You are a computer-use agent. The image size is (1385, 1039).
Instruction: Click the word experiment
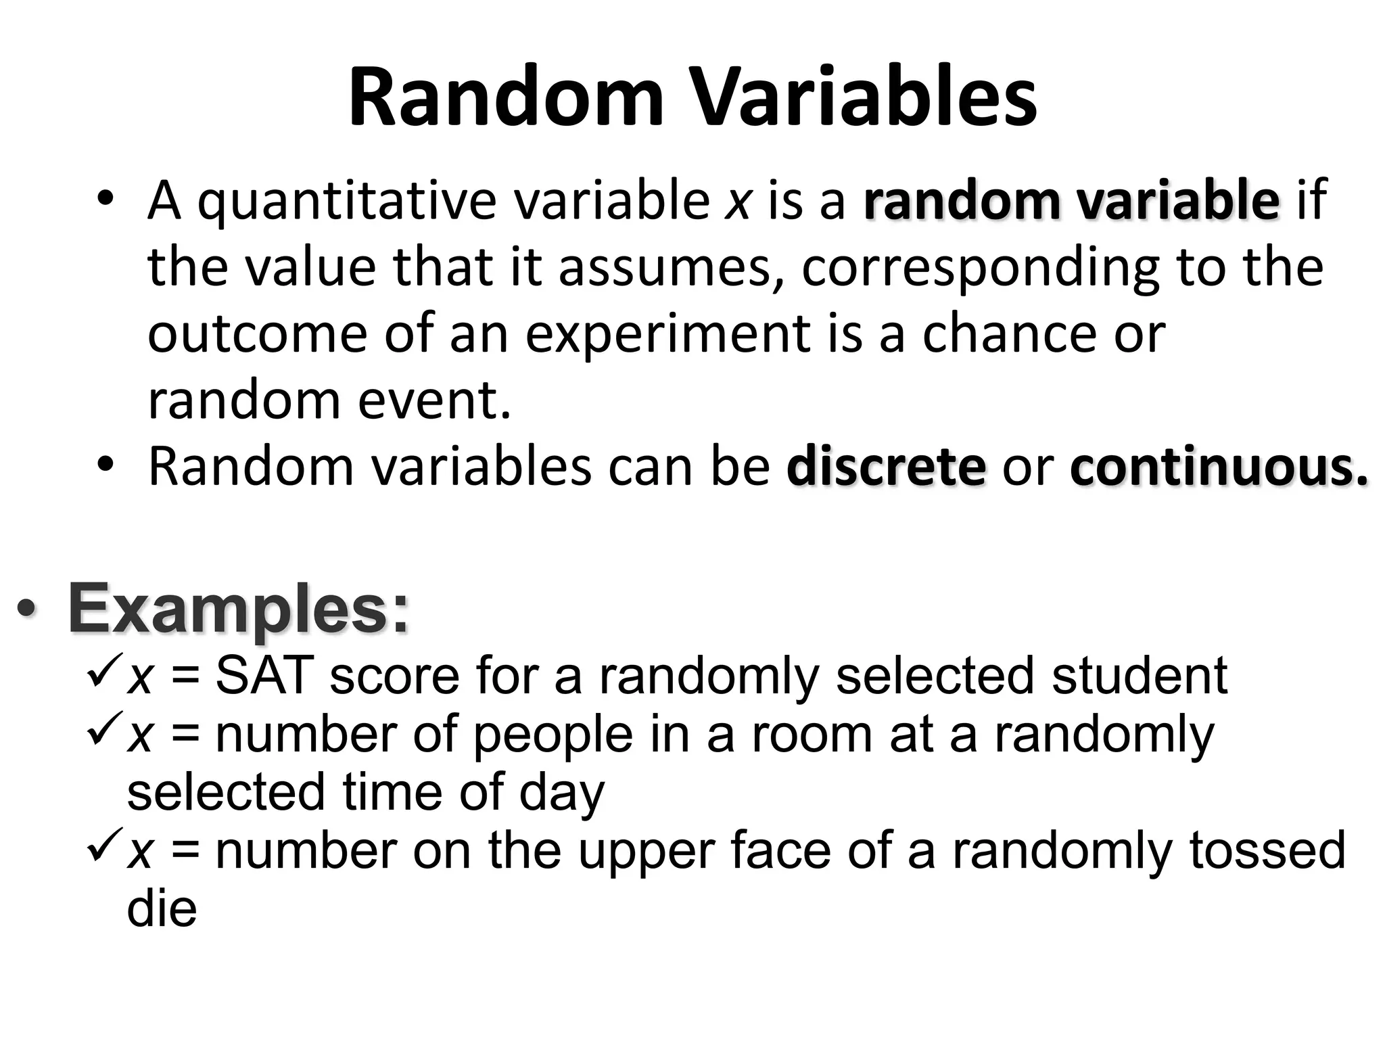click(667, 334)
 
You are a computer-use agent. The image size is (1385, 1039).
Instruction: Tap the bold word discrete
click(886, 467)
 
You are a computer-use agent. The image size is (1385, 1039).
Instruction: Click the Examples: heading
click(239, 609)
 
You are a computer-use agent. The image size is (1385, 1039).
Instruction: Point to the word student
click(1140, 676)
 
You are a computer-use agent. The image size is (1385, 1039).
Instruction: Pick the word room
click(812, 735)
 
